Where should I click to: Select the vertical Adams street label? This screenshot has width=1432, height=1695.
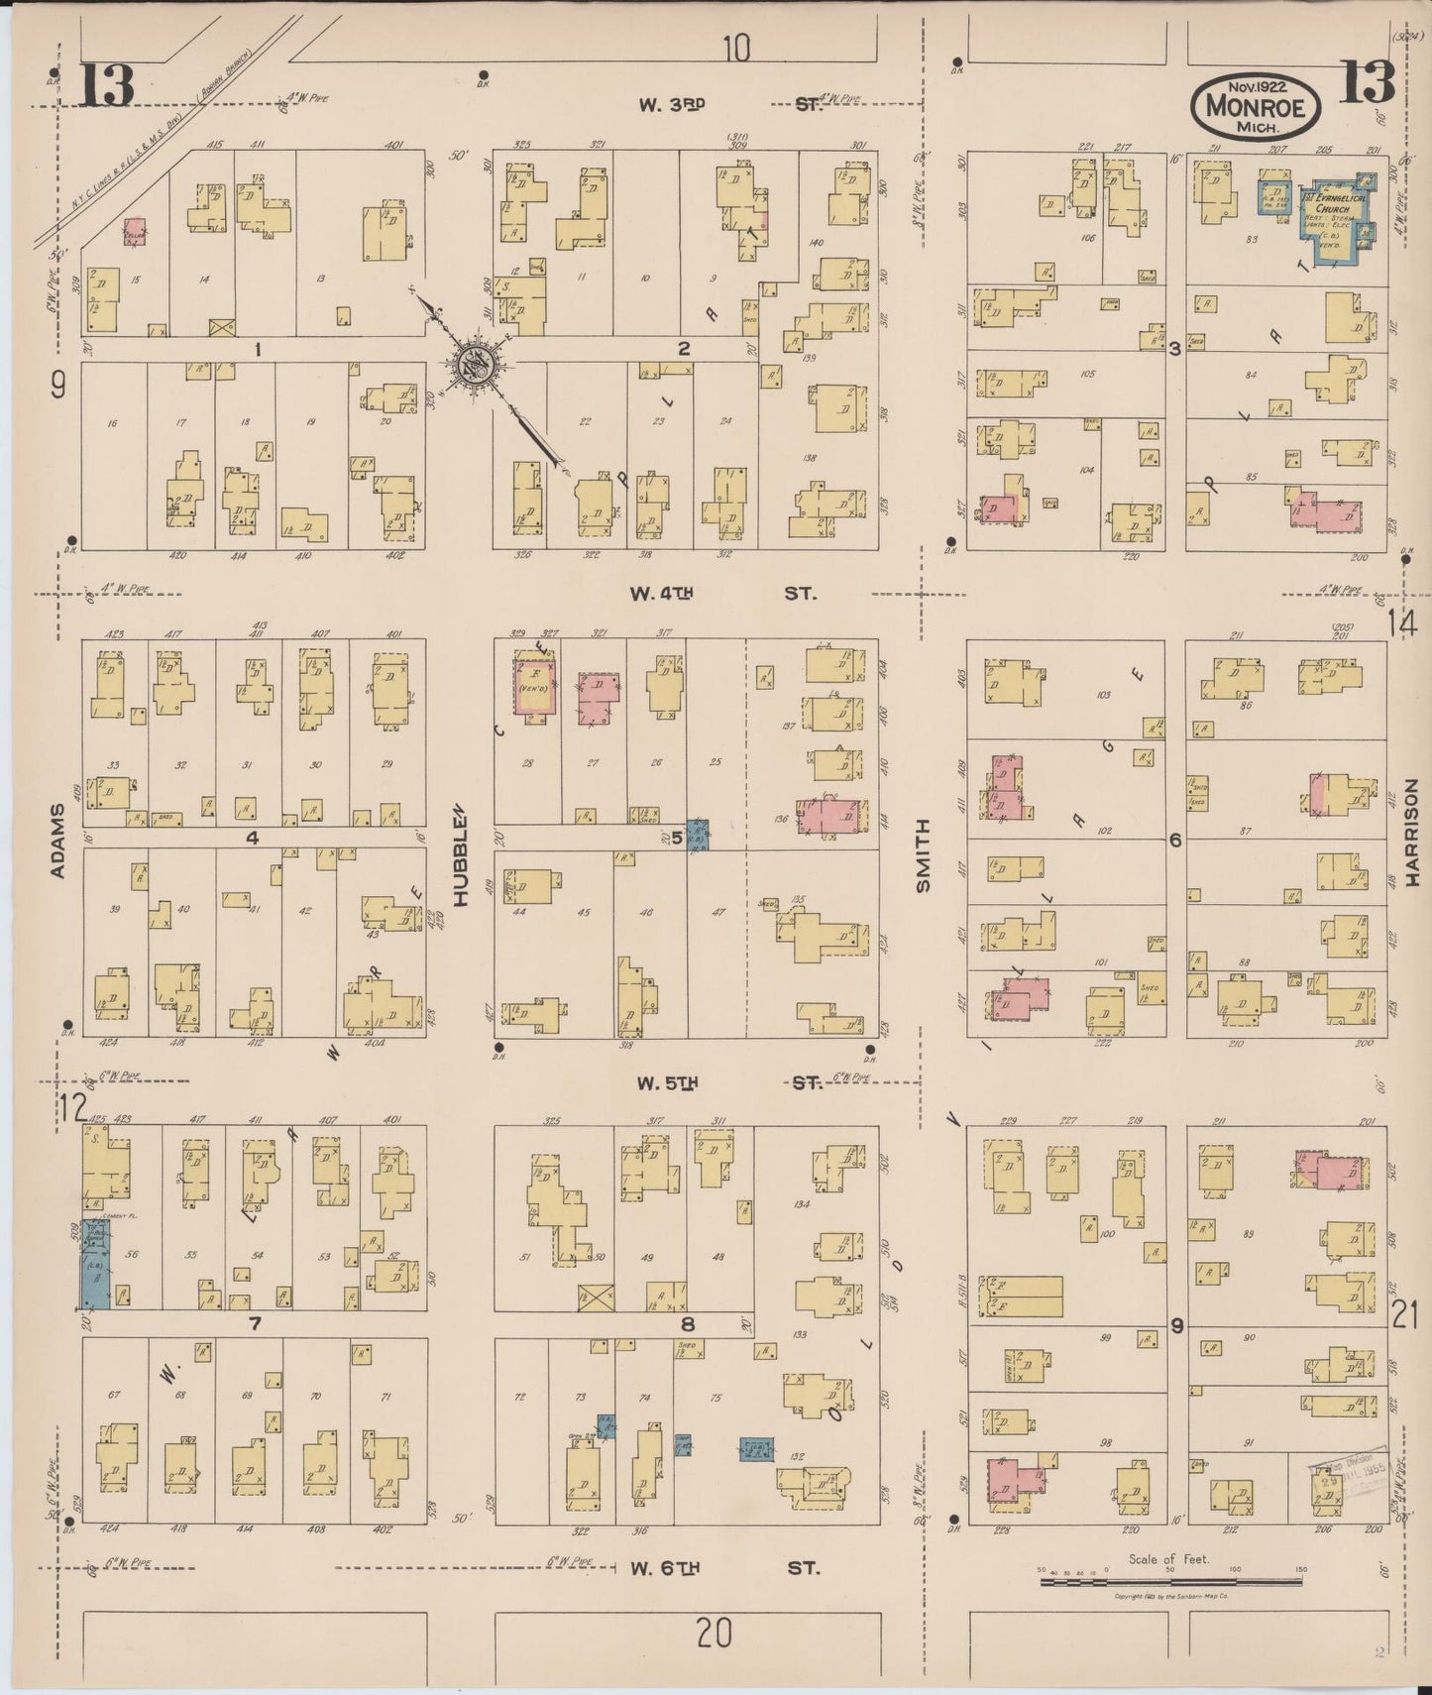tap(56, 841)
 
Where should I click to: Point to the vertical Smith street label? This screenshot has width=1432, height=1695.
tap(923, 856)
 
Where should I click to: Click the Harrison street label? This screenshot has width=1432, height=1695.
tap(1411, 845)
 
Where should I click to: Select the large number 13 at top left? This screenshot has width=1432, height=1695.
tap(106, 84)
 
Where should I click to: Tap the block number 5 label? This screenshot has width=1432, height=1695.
tap(677, 839)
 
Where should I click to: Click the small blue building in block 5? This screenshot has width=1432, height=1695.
tap(698, 837)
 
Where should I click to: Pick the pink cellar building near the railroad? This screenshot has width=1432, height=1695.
tap(135, 232)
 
